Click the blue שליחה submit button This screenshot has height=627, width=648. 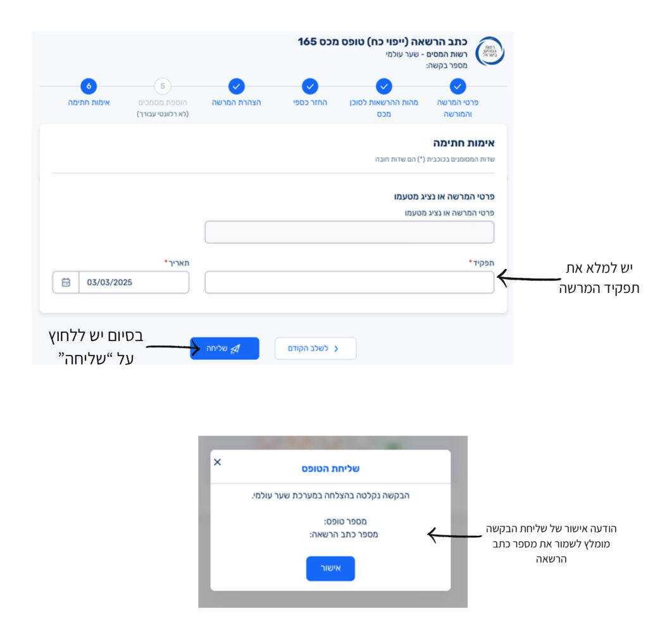pos(225,349)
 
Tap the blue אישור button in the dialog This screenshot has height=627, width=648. pos(330,568)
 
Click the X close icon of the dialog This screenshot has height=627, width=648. pos(218,462)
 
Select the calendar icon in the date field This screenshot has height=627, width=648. pos(66,282)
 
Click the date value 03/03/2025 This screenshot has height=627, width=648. pos(109,282)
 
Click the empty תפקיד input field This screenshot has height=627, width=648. pos(349,282)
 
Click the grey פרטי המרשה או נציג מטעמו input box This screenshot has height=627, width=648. pos(349,232)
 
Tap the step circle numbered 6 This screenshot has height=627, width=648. pos(89,87)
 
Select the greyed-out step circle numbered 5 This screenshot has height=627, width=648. pos(163,87)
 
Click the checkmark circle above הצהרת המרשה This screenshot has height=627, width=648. pos(237,87)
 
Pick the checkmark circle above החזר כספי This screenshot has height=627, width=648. pos(310,87)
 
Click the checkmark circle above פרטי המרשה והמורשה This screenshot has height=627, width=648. pos(458,87)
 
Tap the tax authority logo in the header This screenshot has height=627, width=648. pos(490,51)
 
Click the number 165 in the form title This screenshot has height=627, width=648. pos(307,42)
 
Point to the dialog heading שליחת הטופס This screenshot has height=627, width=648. pos(330,469)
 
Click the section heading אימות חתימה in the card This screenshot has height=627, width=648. pos(464,143)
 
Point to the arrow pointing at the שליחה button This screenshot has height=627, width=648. pos(173,347)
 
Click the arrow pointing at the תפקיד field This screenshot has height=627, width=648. pos(528,278)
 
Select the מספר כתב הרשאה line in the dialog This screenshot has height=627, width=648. pos(344,535)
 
